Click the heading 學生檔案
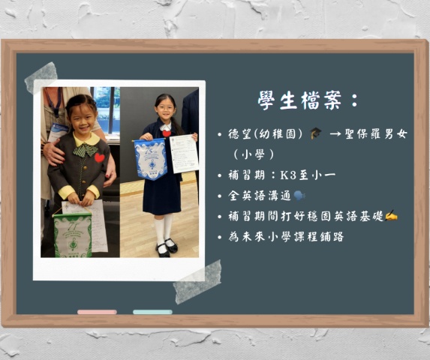tap(299, 100)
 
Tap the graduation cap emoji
tap(316, 133)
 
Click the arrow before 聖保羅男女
tap(335, 134)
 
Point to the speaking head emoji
tap(299, 196)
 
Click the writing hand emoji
tap(391, 215)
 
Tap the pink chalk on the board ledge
tap(97, 312)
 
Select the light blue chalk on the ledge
tap(152, 312)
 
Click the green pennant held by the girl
tap(73, 235)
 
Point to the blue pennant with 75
tap(151, 159)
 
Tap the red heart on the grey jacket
tap(99, 157)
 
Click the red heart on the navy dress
tap(167, 133)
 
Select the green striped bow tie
tap(86, 151)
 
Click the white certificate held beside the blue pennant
tap(184, 154)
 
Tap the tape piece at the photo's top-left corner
tap(41, 77)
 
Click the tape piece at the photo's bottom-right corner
tap(197, 282)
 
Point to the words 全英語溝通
tap(260, 196)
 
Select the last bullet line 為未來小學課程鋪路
tap(286, 236)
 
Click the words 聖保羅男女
tap(376, 134)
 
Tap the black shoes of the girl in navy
tap(167, 248)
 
